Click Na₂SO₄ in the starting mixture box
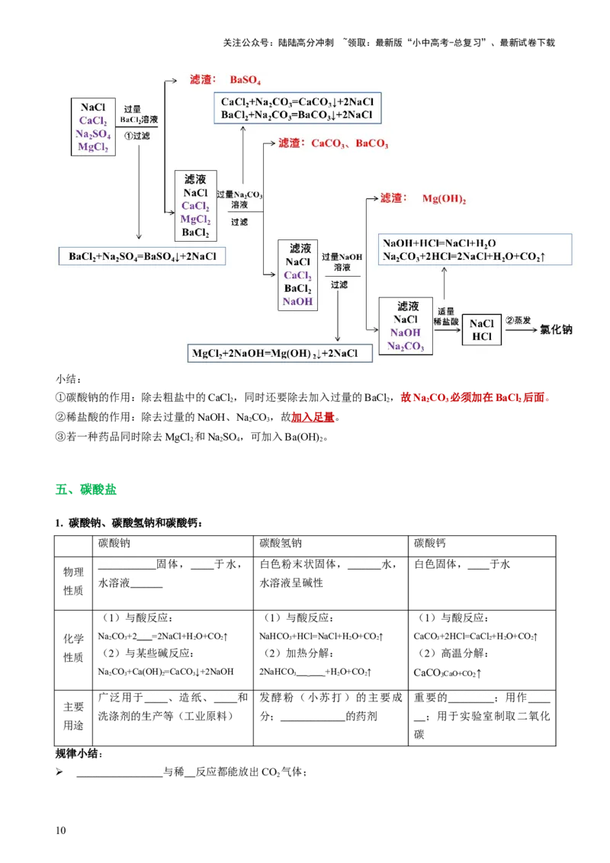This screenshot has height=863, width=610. (x=93, y=133)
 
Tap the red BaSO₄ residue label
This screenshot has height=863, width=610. (x=246, y=80)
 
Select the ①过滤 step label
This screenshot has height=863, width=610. (x=137, y=136)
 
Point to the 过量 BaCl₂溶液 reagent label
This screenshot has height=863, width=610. (x=138, y=114)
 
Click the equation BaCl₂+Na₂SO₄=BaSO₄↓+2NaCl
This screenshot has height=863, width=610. (x=143, y=256)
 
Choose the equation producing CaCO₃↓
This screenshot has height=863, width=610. (x=297, y=101)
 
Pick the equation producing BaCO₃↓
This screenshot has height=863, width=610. (x=297, y=114)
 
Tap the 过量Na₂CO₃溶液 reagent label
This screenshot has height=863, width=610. (x=239, y=200)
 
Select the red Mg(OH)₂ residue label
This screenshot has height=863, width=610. (x=444, y=198)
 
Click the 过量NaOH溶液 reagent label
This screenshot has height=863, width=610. (x=341, y=262)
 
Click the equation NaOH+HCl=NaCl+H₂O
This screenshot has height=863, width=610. (x=439, y=242)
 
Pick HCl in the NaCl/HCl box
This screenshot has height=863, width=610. (x=482, y=337)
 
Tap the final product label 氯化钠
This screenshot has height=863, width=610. (x=556, y=330)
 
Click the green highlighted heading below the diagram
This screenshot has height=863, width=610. (x=87, y=489)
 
